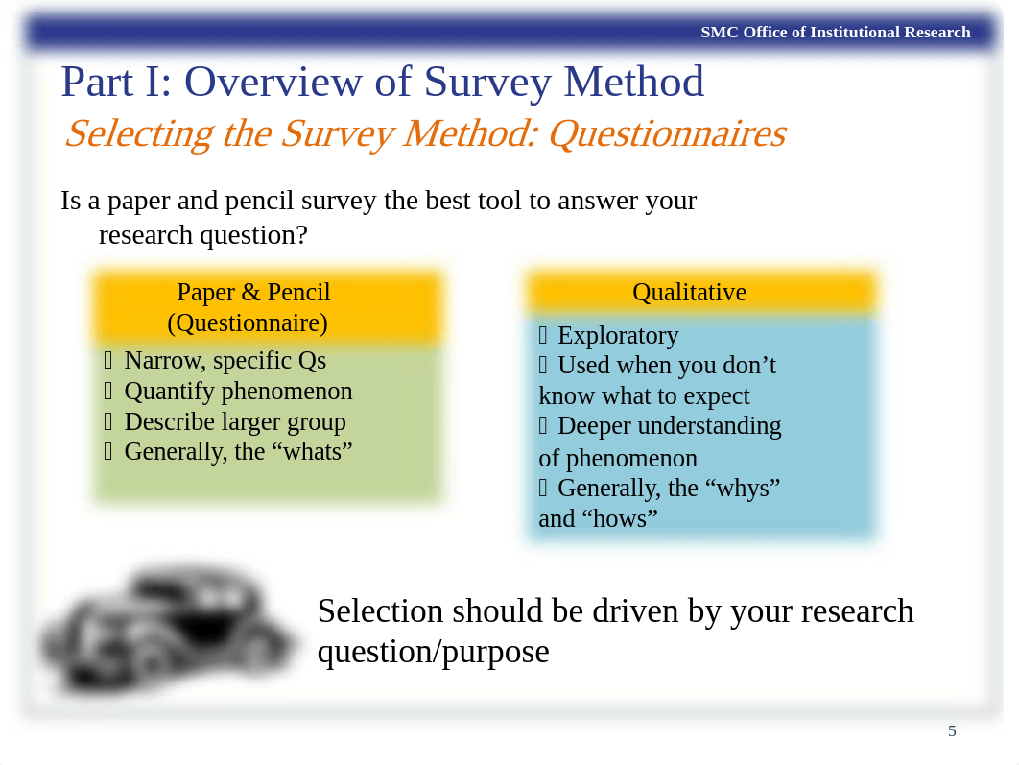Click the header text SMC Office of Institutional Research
click(x=835, y=33)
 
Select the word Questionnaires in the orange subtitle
click(x=666, y=133)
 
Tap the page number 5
click(x=952, y=731)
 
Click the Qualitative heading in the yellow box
click(x=689, y=292)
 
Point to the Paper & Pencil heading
click(x=253, y=292)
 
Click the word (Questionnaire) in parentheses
click(x=248, y=323)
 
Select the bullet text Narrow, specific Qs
click(x=225, y=361)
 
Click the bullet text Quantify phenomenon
click(x=238, y=392)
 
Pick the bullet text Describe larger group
click(x=235, y=421)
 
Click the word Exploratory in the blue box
click(x=618, y=335)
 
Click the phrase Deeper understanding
click(x=669, y=425)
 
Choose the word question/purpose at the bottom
click(x=433, y=652)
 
